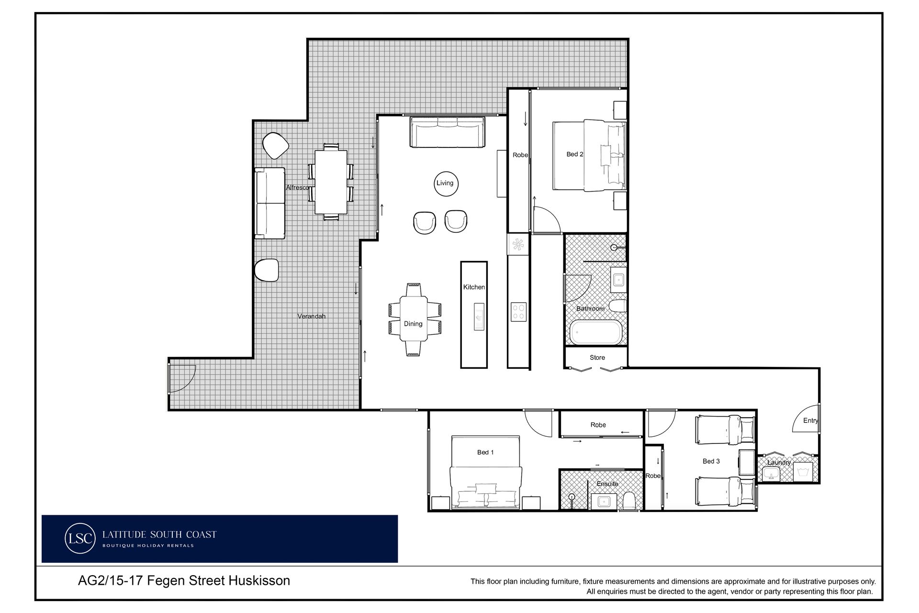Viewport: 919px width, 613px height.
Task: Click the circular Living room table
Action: (445, 183)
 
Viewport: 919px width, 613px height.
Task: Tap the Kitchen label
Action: (474, 287)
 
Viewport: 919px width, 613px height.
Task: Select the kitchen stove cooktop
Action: (518, 312)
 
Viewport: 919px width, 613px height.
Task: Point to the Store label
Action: (597, 357)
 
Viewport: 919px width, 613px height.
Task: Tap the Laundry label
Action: (779, 463)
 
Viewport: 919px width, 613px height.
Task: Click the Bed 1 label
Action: (485, 452)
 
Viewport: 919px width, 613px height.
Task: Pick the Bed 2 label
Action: (575, 154)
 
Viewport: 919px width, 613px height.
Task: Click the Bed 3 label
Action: (711, 461)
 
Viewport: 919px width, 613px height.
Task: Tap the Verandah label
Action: (312, 316)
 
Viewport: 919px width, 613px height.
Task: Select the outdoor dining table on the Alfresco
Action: (331, 182)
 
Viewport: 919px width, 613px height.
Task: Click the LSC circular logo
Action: (79, 538)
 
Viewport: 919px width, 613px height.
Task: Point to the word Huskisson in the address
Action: (259, 580)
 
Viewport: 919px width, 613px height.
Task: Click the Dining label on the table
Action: (413, 324)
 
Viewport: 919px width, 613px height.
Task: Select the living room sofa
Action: (448, 132)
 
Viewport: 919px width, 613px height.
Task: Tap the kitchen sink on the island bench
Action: (479, 317)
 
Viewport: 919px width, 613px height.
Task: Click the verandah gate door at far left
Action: (182, 378)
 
